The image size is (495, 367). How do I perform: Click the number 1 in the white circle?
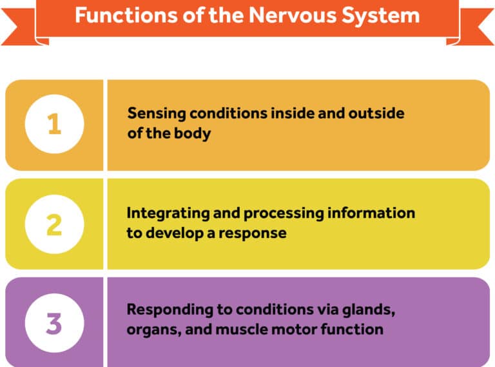tap(54, 124)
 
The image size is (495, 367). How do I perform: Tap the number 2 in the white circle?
tap(54, 224)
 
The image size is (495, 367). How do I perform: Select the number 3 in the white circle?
tap(54, 323)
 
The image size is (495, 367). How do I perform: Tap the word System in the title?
tap(379, 14)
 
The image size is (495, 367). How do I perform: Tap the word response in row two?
tap(255, 233)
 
